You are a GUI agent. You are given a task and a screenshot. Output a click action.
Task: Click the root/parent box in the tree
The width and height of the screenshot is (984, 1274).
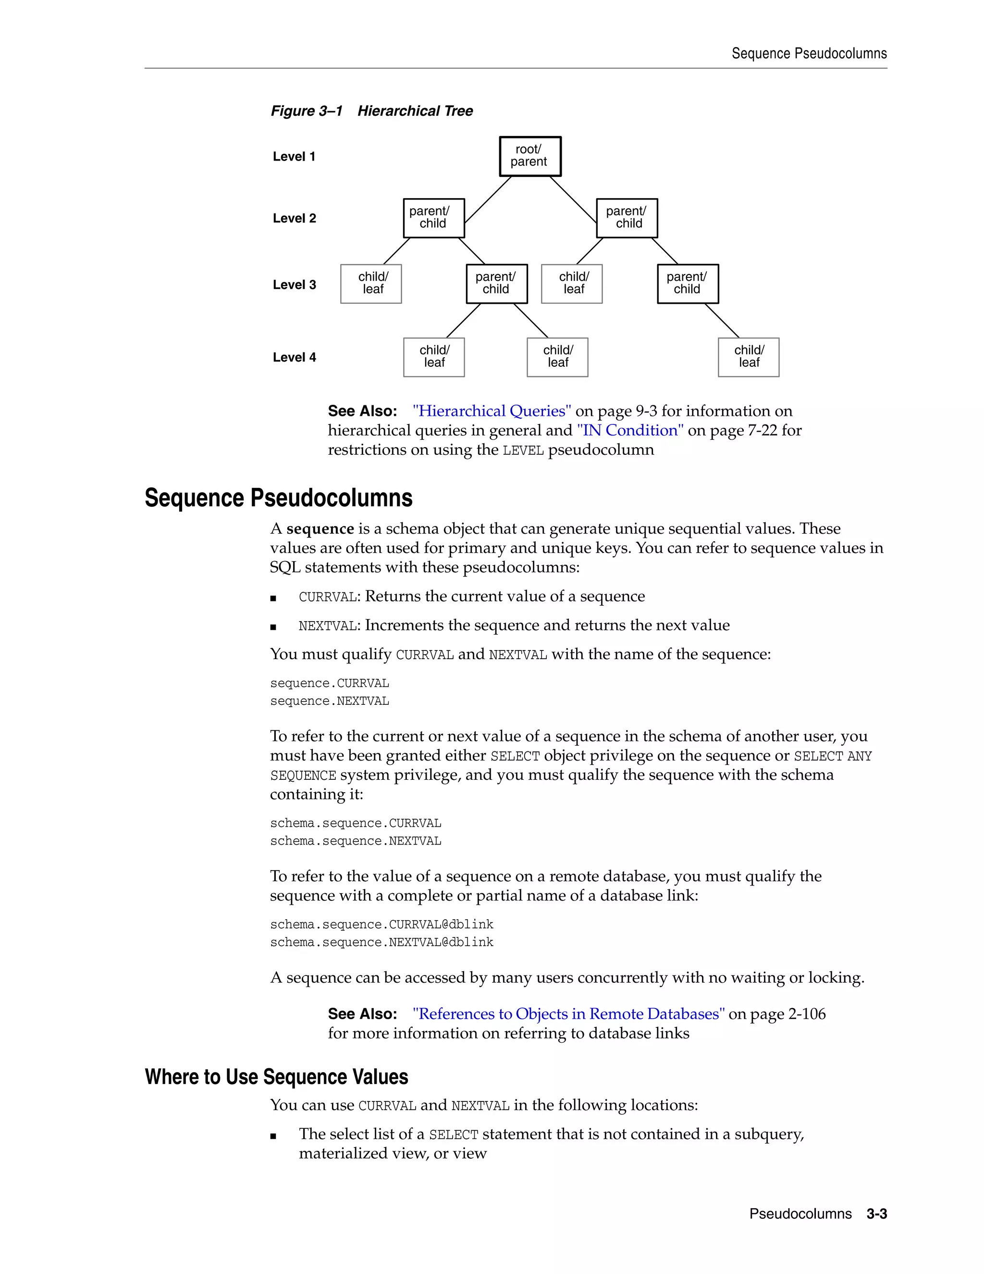[530, 156]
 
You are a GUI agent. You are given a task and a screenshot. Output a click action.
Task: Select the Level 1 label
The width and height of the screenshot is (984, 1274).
[294, 156]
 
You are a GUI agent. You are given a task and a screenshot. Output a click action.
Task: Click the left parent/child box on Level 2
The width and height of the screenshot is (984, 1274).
[434, 218]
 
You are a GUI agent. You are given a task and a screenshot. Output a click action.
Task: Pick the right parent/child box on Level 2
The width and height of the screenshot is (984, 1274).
[627, 218]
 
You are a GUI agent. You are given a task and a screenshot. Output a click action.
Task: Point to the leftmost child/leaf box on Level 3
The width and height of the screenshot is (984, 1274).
[371, 284]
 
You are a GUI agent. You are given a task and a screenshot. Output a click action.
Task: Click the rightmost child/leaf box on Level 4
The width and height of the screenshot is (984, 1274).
[749, 357]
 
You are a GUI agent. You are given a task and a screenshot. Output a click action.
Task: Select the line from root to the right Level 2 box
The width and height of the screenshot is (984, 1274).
[573, 200]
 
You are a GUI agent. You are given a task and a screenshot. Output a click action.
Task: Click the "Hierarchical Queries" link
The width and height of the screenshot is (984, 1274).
[492, 411]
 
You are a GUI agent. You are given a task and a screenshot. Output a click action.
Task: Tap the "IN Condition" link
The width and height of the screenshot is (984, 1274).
[629, 430]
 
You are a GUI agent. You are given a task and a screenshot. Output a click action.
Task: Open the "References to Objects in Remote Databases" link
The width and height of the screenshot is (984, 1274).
[568, 1014]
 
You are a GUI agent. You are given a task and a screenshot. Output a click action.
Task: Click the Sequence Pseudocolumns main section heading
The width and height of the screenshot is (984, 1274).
[278, 498]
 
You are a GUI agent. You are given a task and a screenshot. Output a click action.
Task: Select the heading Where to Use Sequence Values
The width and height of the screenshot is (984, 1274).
[276, 1077]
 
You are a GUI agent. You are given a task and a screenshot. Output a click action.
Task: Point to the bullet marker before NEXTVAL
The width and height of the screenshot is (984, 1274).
[273, 627]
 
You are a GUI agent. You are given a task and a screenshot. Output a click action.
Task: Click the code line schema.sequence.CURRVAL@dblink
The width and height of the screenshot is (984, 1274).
[381, 924]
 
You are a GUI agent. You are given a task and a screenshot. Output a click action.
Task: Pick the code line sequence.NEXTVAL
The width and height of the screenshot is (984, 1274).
[329, 701]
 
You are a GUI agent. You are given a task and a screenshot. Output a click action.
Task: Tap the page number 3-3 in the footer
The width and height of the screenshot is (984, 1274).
[876, 1214]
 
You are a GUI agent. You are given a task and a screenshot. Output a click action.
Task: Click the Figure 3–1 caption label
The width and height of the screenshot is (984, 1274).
[307, 111]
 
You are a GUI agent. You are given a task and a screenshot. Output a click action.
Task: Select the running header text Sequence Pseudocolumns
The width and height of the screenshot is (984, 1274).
[809, 54]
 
